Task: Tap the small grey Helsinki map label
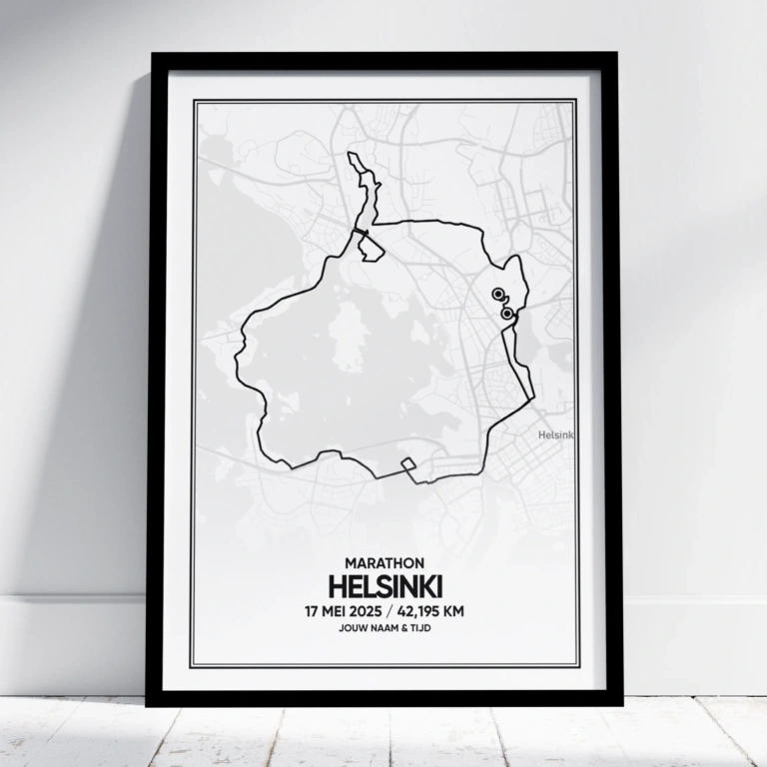(555, 434)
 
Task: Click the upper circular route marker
(497, 294)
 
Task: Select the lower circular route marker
(507, 314)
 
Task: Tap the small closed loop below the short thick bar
(370, 251)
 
